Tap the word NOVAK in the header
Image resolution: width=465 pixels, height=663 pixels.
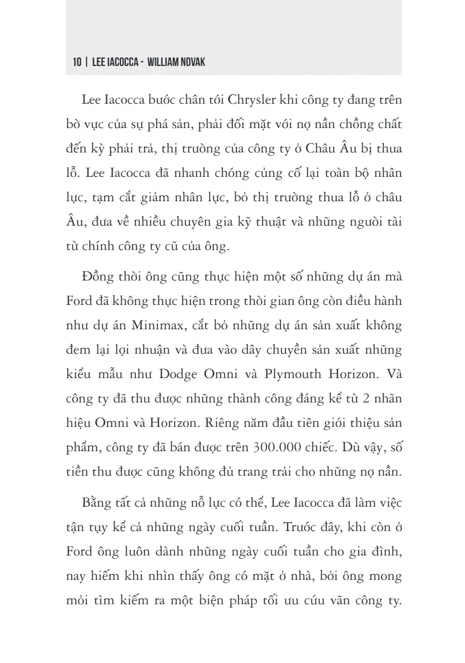[x=193, y=63]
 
